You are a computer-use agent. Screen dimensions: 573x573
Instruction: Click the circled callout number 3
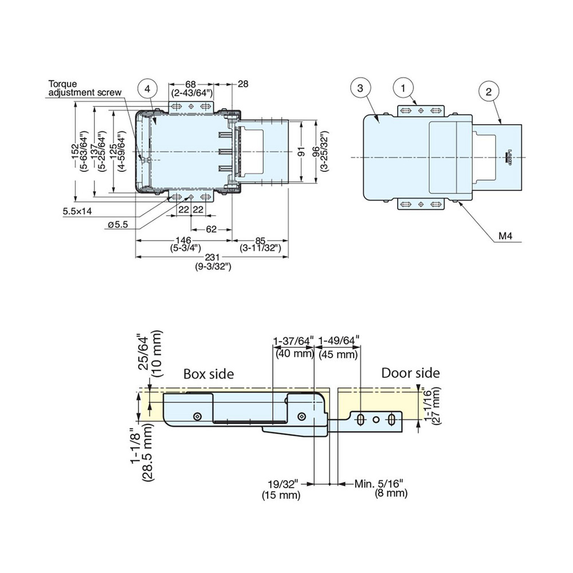click(x=359, y=88)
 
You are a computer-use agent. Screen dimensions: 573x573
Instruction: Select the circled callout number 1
click(x=403, y=88)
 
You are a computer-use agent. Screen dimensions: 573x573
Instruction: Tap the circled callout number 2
click(x=488, y=91)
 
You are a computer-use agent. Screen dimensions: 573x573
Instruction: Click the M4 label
click(x=505, y=236)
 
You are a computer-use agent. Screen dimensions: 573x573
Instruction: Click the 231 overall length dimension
click(x=213, y=258)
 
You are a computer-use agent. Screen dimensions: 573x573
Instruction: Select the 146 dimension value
click(x=184, y=240)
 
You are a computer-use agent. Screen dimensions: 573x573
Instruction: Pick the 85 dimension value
click(x=260, y=240)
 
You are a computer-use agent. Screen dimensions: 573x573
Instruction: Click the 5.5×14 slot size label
click(x=78, y=211)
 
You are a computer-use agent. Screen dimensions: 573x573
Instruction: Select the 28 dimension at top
click(x=243, y=84)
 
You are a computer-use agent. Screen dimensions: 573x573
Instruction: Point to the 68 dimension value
click(x=192, y=84)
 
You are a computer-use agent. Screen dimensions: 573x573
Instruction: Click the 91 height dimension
click(x=300, y=152)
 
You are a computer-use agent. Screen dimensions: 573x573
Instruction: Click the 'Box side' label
click(x=209, y=374)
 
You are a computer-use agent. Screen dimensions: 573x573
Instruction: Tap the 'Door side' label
click(x=411, y=374)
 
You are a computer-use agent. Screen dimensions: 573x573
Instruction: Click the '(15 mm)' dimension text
click(x=281, y=494)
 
